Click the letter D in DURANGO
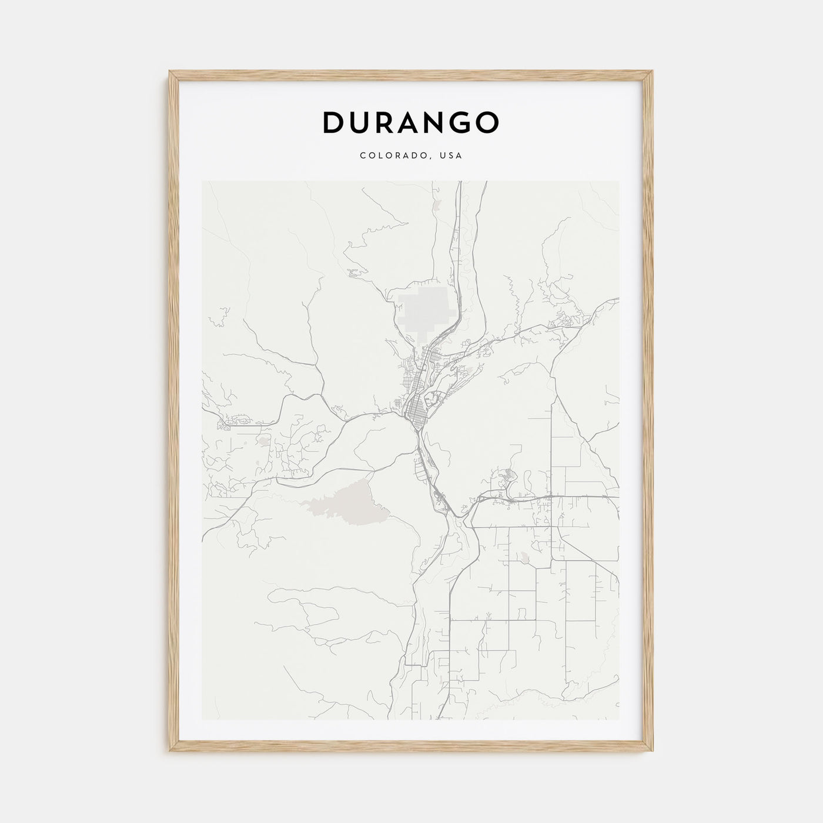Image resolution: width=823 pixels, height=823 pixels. pos(334,122)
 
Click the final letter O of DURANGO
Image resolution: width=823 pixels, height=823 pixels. pos(487,122)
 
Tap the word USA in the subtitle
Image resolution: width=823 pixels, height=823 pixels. pos(453,156)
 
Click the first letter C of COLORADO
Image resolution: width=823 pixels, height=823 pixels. pos(363,156)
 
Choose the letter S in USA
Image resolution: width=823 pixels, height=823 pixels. pos(453,156)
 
